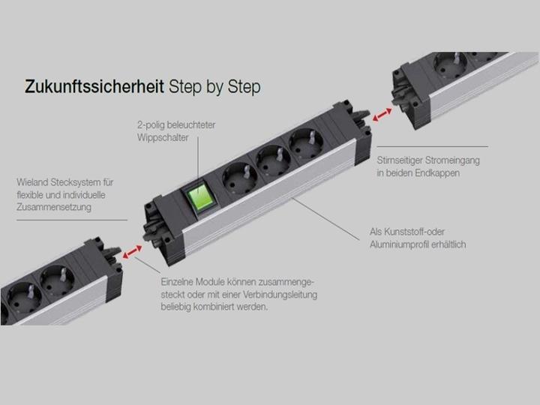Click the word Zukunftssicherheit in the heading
pyautogui.click(x=94, y=87)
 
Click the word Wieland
pyautogui.click(x=33, y=182)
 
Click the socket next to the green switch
pyautogui.click(x=239, y=178)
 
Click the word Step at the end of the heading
pyautogui.click(x=246, y=87)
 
